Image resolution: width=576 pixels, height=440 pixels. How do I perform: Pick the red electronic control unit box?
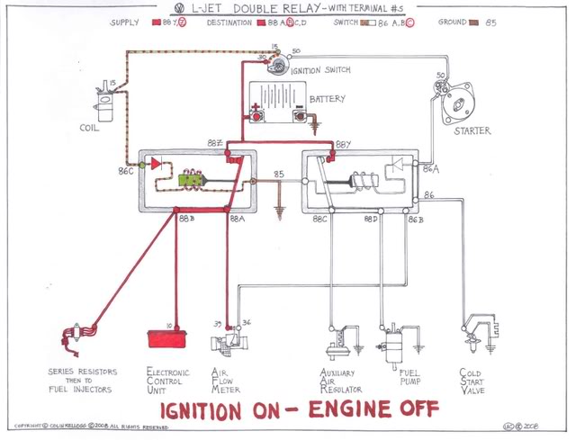tap(174, 339)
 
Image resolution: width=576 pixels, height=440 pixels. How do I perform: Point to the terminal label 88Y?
tap(344, 144)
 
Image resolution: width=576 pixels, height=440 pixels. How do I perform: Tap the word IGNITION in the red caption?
tap(207, 409)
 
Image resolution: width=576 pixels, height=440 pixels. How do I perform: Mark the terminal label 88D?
tap(371, 219)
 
